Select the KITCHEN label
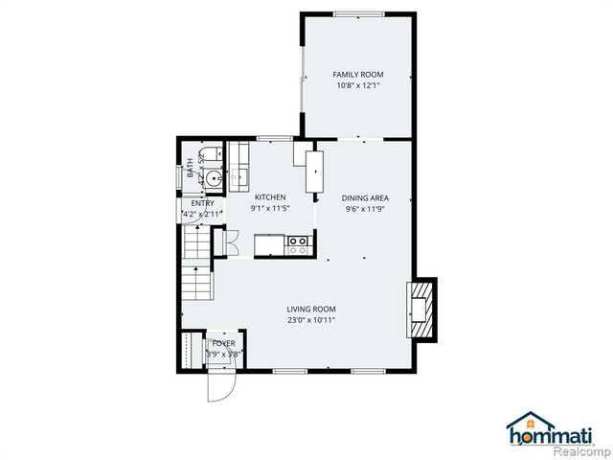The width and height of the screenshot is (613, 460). pos(269,197)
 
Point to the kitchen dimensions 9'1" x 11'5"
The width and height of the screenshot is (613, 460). pos(269,208)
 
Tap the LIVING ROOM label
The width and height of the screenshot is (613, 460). pos(311,309)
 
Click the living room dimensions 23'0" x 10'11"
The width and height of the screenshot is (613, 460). pos(311,320)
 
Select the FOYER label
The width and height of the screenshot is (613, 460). pos(223,342)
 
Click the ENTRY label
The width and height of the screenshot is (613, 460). pos(202,203)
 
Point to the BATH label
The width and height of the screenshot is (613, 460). pos(190,169)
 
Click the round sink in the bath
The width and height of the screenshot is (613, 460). pos(214,177)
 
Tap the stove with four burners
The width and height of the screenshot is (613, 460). pos(299,245)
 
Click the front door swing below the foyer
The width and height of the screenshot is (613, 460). pos(218,385)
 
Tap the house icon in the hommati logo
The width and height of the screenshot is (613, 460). pos(523,425)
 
